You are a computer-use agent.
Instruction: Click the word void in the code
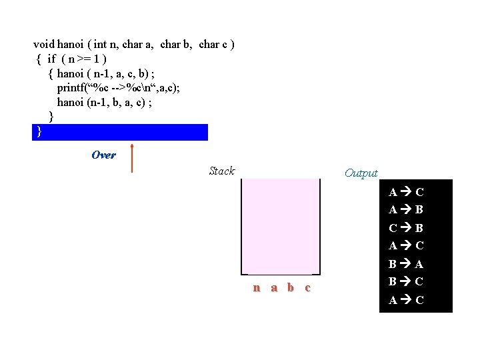(44, 45)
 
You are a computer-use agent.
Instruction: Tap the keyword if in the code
(51, 59)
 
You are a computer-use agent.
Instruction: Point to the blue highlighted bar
(120, 132)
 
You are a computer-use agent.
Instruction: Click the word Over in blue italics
(103, 155)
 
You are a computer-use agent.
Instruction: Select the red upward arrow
(132, 158)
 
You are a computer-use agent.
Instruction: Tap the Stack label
(221, 171)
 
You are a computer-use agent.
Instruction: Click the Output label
(361, 173)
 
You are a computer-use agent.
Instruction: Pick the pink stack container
(280, 226)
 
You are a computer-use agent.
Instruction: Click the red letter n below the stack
(257, 288)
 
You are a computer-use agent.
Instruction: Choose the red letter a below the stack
(274, 288)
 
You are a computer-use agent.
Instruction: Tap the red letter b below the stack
(291, 288)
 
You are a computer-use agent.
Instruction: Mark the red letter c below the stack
(307, 288)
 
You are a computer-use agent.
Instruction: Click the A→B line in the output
(406, 210)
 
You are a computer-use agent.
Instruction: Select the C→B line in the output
(406, 228)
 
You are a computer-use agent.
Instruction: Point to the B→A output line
(406, 264)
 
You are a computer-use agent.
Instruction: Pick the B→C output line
(406, 282)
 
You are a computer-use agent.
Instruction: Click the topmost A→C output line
(406, 192)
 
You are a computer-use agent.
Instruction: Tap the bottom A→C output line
(406, 300)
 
